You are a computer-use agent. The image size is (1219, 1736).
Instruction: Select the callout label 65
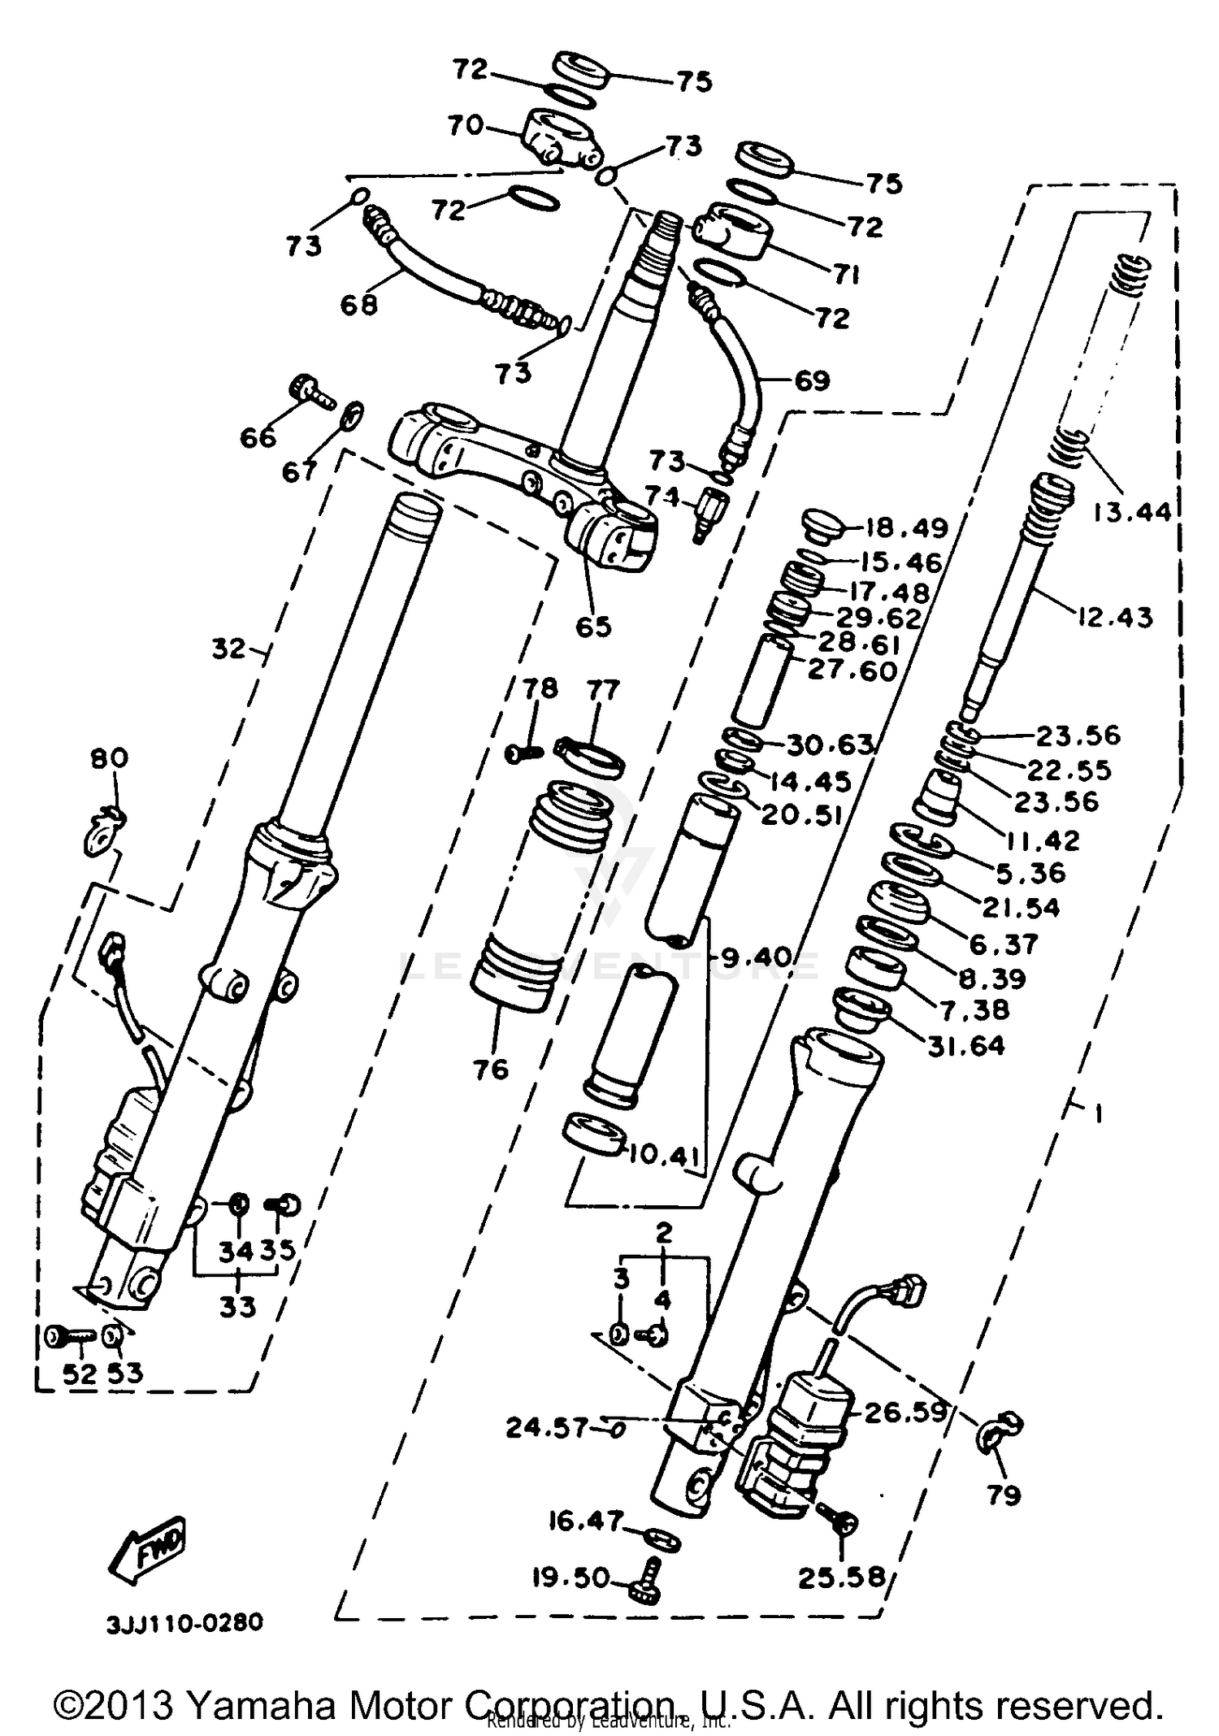592,627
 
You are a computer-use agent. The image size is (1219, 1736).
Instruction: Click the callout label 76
491,1069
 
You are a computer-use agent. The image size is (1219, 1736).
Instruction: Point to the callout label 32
228,649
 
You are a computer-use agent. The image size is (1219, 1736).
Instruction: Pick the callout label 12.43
1115,618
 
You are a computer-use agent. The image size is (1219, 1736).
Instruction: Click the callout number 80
109,758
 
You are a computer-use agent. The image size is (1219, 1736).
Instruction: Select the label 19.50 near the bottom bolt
571,1578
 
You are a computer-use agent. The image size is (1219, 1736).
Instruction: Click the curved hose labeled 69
748,366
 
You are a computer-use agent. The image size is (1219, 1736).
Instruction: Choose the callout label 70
465,126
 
